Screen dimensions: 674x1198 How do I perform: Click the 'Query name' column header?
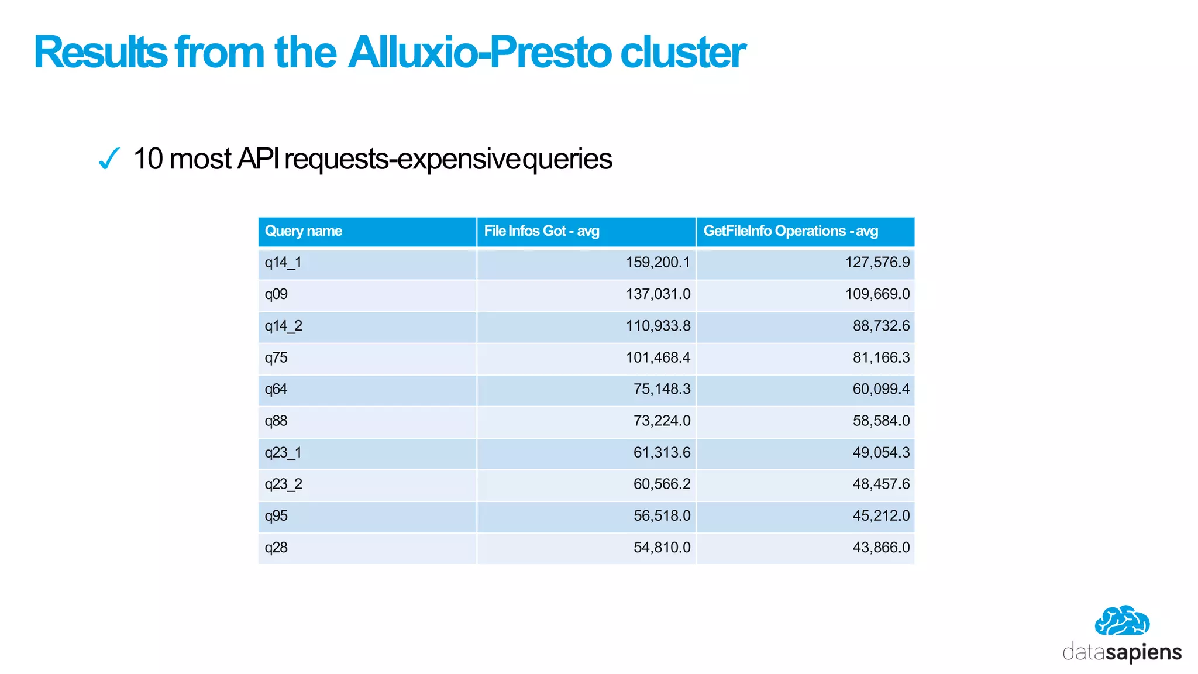pos(304,231)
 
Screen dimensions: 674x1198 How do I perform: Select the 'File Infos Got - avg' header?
pos(542,231)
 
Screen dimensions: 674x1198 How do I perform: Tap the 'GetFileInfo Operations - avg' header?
pos(790,231)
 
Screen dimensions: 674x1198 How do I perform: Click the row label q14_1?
pos(283,263)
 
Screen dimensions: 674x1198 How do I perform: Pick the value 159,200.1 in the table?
pos(658,263)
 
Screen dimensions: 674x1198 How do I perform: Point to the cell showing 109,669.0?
pos(877,294)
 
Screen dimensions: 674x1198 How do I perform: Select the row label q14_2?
pos(283,326)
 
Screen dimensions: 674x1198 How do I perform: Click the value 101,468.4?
pos(658,357)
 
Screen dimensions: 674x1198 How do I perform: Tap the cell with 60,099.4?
pos(881,389)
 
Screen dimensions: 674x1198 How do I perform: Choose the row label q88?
pos(276,421)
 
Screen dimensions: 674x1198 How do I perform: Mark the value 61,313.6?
pos(662,452)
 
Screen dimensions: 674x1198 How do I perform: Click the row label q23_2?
pos(283,484)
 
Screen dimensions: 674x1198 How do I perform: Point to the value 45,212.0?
pos(881,515)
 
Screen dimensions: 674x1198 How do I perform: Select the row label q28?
pos(276,547)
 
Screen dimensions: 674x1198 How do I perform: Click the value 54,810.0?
pos(662,547)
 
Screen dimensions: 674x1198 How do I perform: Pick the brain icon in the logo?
pos(1122,621)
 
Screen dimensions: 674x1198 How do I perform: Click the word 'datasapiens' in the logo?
pos(1122,652)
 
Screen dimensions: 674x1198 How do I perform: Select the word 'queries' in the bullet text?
pos(567,159)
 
